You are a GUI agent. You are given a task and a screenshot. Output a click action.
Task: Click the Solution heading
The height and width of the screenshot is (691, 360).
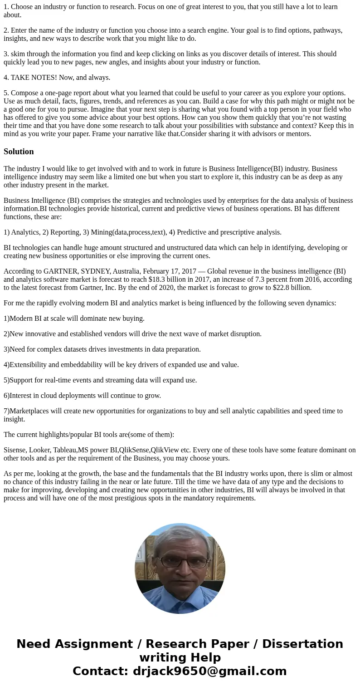point(19,152)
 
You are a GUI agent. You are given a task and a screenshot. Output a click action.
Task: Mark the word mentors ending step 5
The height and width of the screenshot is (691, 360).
point(297,134)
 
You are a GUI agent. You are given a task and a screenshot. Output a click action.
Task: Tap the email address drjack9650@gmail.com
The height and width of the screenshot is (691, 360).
point(209,671)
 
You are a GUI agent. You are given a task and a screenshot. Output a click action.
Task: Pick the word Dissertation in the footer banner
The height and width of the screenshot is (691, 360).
point(302,644)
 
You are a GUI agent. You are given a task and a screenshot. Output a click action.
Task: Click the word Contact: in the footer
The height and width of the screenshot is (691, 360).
point(101,671)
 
